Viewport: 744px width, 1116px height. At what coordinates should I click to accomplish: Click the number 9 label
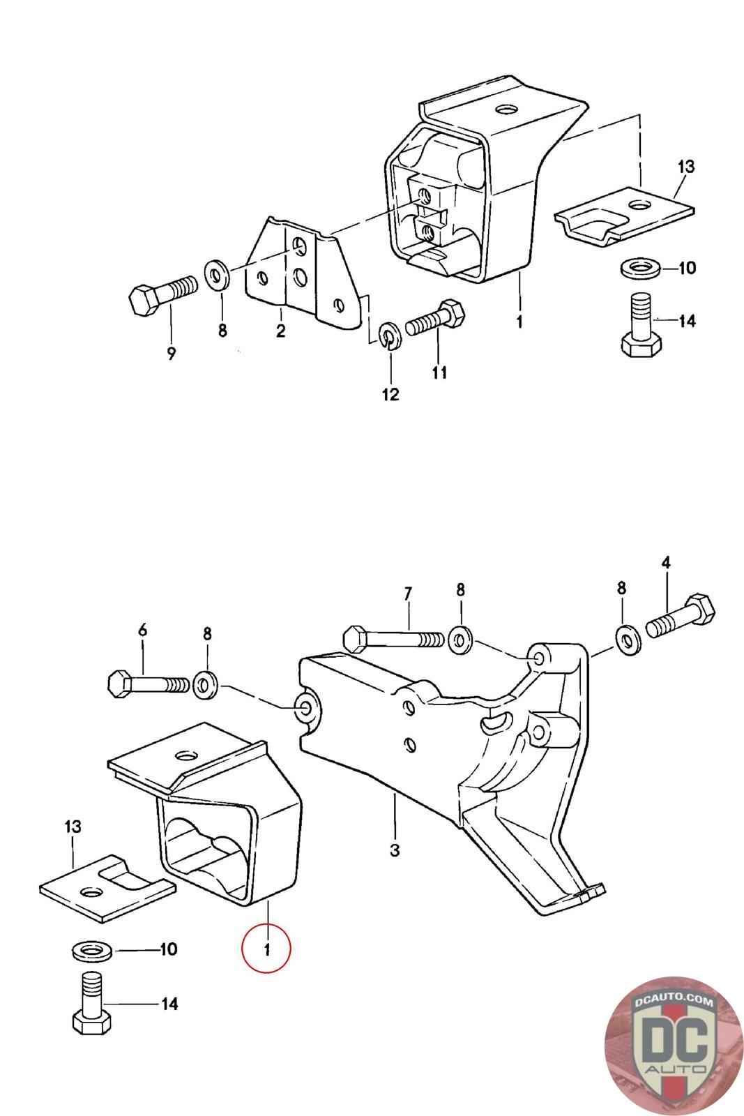pyautogui.click(x=171, y=354)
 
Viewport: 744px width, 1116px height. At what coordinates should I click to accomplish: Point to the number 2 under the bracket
pyautogui.click(x=281, y=331)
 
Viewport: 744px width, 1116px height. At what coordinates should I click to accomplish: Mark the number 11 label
pyautogui.click(x=439, y=372)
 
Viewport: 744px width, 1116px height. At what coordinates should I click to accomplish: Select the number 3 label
pyautogui.click(x=395, y=850)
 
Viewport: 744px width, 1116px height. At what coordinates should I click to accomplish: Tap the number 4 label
pyautogui.click(x=666, y=563)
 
